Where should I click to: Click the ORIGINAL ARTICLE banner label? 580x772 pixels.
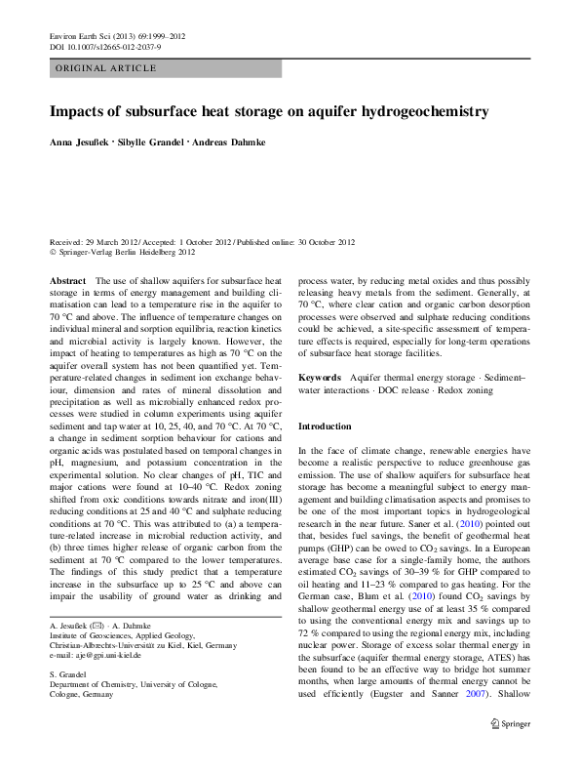point(106,68)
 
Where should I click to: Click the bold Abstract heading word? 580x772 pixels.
point(68,280)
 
